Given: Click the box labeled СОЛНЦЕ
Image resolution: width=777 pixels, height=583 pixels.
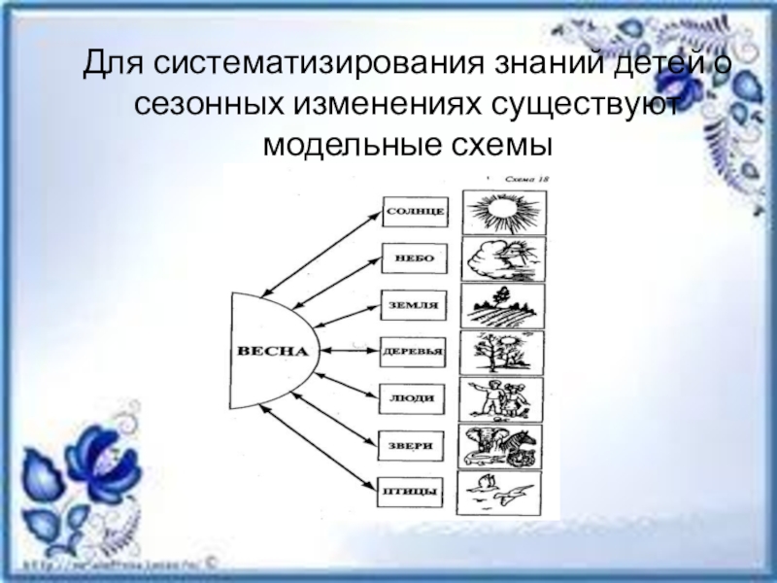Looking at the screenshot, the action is tap(415, 211).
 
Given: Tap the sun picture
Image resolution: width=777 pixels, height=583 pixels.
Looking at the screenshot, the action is tap(503, 212).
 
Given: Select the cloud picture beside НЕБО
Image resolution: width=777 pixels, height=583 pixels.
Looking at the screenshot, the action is tap(503, 258).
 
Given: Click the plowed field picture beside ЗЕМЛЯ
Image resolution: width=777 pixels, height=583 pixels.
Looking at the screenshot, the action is tap(503, 305).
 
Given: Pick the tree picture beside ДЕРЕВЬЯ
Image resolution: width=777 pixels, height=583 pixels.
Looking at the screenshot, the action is tap(503, 352).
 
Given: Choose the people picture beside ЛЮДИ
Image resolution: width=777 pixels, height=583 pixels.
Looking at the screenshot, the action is tap(503, 398).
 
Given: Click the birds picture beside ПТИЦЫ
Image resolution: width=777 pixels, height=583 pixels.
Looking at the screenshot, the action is tap(503, 491).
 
